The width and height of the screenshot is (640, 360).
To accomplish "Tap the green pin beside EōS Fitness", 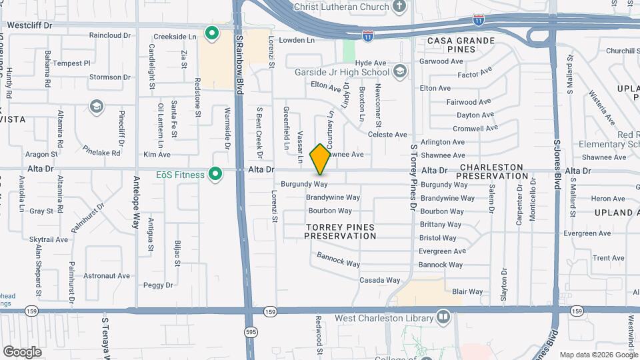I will (215, 175).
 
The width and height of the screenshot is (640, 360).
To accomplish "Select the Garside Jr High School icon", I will (399, 71).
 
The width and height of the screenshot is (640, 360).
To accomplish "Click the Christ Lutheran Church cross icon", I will (399, 7).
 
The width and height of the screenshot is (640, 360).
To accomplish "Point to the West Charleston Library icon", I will (443, 316).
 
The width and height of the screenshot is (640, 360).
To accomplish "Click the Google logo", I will (22, 351).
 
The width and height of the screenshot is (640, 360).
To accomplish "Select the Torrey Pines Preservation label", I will (340, 231).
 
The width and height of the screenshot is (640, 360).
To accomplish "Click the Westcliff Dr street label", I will (29, 25).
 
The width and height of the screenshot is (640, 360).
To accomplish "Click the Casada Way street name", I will (380, 280).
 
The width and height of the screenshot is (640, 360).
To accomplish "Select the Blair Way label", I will (467, 291).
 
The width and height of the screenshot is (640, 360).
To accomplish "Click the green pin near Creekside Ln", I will (212, 33).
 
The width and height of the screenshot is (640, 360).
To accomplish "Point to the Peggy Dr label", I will (158, 285).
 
